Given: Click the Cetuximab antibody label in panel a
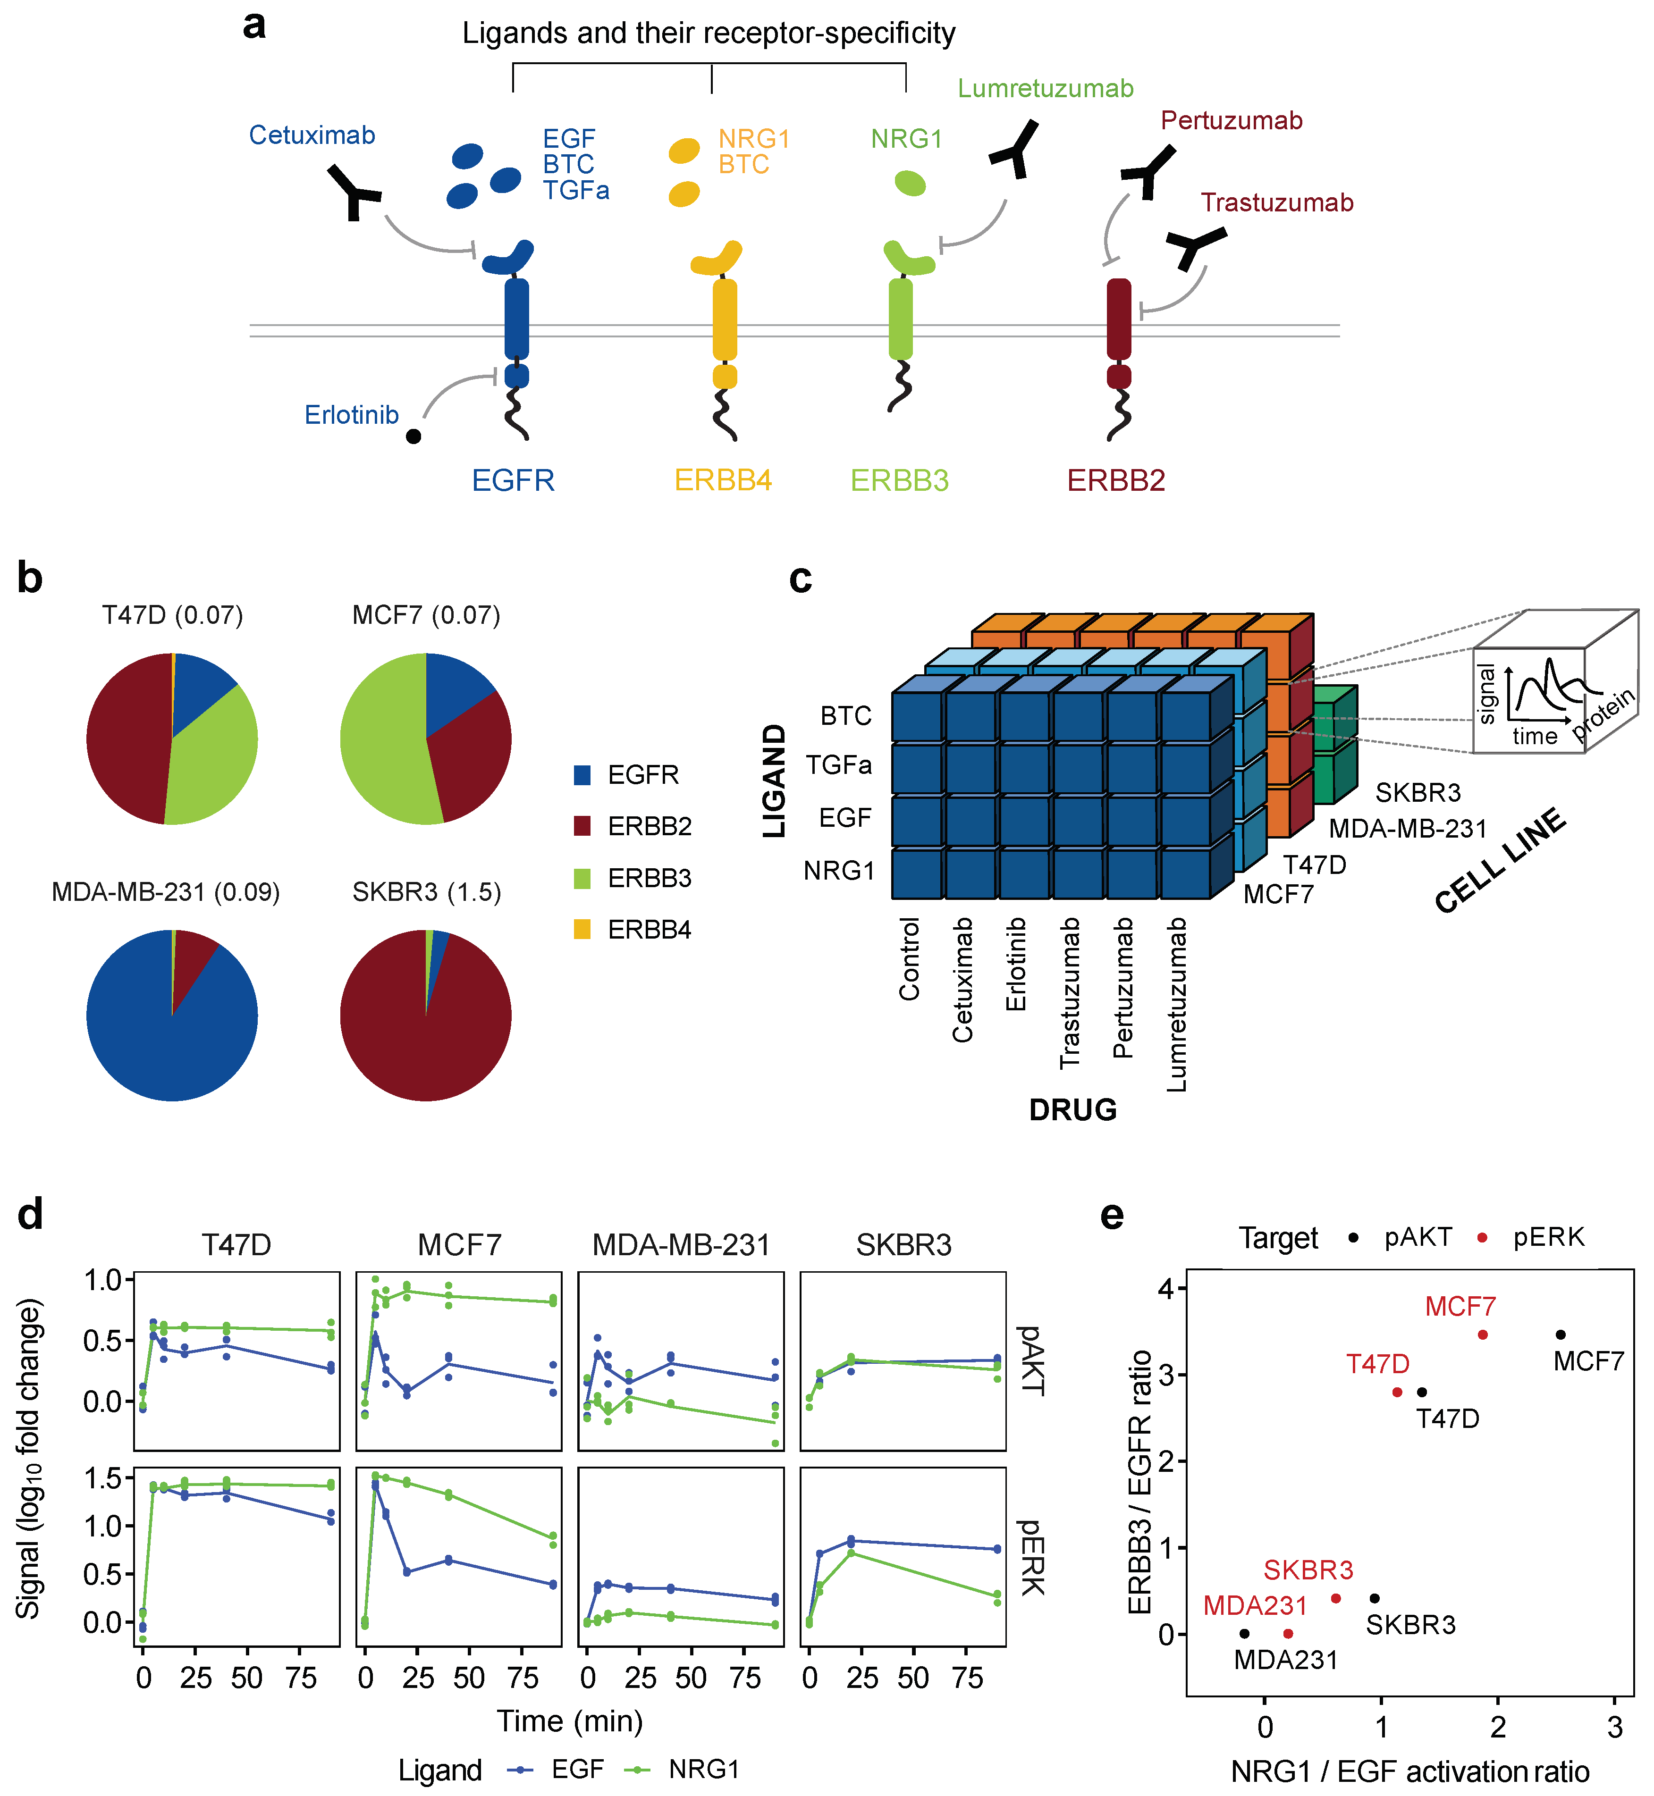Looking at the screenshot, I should click(x=312, y=135).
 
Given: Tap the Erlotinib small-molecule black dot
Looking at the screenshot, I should click(x=413, y=436).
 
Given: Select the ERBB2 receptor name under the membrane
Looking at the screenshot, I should click(x=1115, y=480).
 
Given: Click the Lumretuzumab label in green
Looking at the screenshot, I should click(x=1046, y=89).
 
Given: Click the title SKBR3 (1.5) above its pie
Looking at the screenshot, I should click(x=426, y=892).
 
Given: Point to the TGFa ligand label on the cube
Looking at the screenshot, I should click(x=839, y=765).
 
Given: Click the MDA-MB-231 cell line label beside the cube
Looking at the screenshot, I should click(x=1407, y=829).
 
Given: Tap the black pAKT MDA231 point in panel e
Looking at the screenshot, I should click(x=1245, y=1633).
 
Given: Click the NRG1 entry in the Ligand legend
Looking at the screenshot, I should click(x=703, y=1769).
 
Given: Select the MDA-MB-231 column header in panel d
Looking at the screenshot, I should click(x=681, y=1245).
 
